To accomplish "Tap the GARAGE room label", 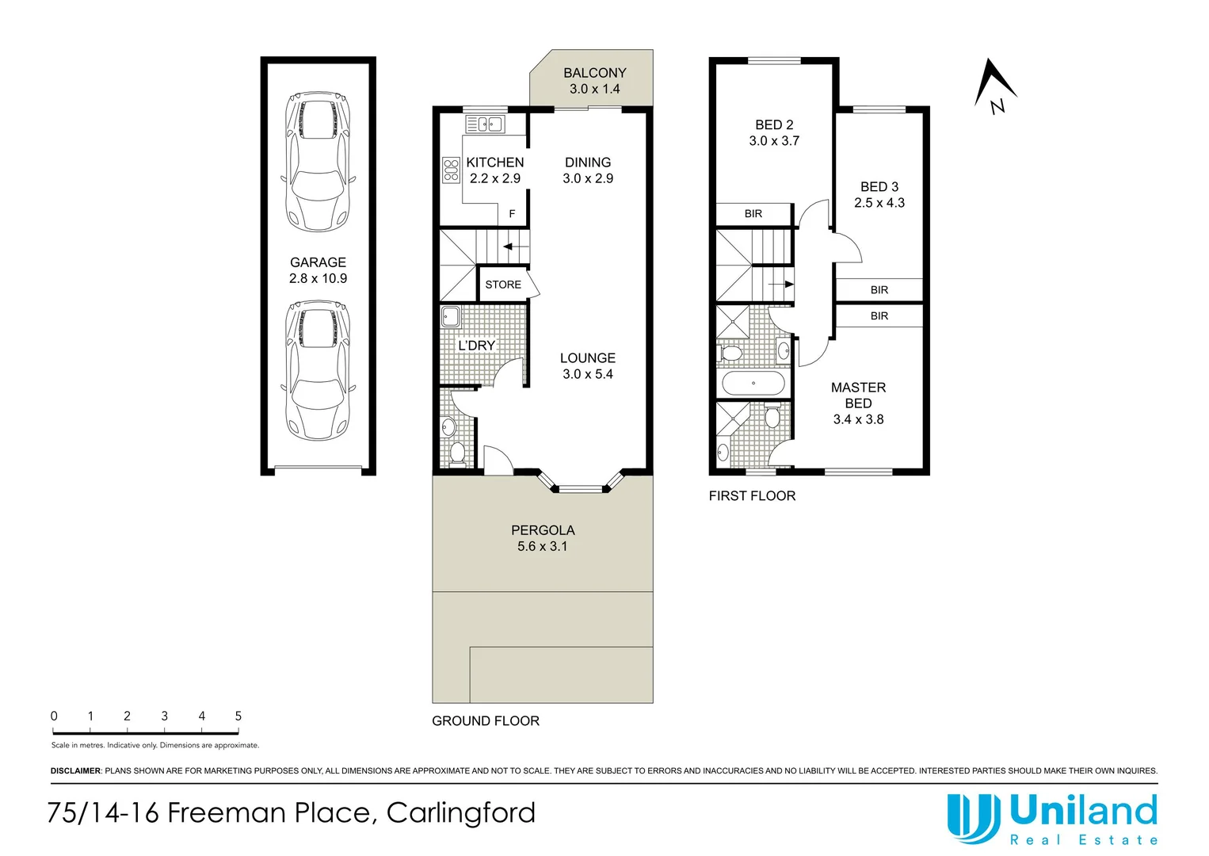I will click(318, 262).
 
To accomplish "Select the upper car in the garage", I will click(318, 162).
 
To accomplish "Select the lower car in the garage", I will click(318, 370).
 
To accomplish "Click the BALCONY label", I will click(594, 73).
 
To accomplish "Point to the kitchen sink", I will click(485, 124).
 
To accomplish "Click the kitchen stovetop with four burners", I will click(451, 170).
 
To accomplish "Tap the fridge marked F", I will click(512, 214).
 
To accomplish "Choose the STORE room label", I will click(503, 285).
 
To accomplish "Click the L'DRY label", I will click(476, 346).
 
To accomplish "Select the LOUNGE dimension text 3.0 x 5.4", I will click(588, 374).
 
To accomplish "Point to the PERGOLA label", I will click(543, 530).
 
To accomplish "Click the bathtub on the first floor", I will click(753, 384).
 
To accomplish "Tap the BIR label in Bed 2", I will click(753, 214).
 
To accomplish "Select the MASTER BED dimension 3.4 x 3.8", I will click(858, 419).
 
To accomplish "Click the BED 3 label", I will click(879, 187).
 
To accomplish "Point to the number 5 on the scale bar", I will click(238, 716).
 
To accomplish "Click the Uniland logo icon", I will click(974, 818).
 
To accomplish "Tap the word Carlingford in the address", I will click(461, 813).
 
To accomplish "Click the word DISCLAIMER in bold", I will click(75, 770).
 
